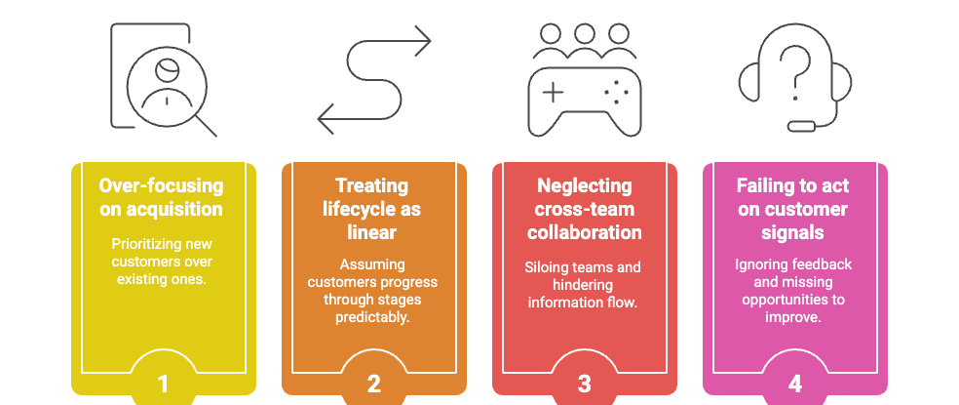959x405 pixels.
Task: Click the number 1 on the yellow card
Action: (164, 384)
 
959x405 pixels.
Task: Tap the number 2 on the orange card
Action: (374, 384)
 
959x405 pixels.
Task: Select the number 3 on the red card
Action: (585, 384)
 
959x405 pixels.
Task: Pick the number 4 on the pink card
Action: (795, 384)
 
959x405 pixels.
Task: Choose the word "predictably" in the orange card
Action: (374, 317)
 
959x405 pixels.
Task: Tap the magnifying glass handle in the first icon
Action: (207, 126)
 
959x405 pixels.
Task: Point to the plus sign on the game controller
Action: (553, 94)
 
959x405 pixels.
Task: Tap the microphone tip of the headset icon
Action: (801, 126)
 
